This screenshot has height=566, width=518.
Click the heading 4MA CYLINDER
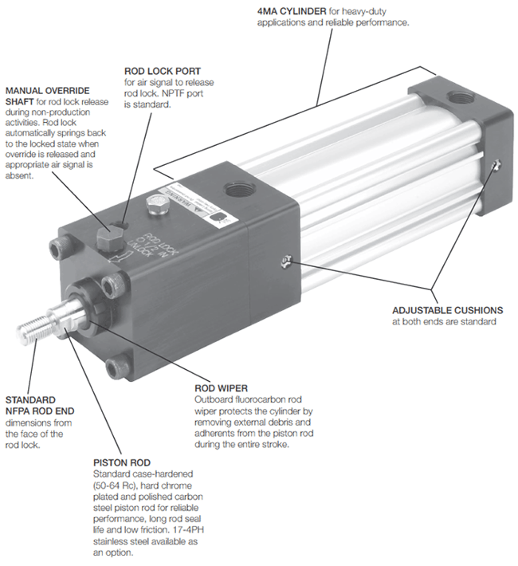[292, 11]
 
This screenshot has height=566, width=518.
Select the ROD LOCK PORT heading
[163, 71]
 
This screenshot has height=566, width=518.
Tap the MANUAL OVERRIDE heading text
[47, 91]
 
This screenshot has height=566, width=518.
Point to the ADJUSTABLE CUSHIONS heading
[448, 310]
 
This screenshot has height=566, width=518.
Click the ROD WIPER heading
[221, 388]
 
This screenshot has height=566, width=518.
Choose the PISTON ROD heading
[122, 462]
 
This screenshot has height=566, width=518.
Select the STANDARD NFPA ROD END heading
[40, 406]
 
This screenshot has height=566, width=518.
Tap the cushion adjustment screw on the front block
[286, 261]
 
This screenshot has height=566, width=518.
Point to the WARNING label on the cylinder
[195, 206]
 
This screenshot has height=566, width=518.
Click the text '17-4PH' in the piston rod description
[193, 530]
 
